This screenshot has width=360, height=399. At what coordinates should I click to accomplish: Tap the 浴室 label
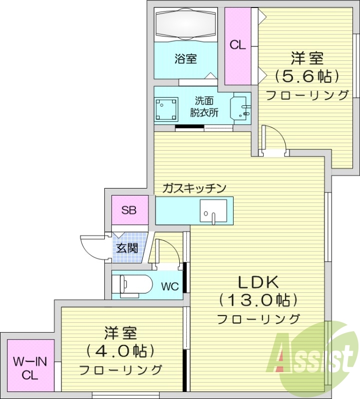[x=185, y=59]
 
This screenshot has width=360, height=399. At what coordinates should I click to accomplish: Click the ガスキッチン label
[x=194, y=188]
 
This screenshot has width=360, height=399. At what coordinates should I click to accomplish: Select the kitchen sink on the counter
[x=213, y=211]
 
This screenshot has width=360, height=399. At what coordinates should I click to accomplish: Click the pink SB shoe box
[x=129, y=210]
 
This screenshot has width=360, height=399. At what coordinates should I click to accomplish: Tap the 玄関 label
[x=127, y=247]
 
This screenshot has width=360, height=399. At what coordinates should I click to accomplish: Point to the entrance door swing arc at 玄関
[x=94, y=246]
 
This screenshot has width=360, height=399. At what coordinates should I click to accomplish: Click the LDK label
[x=257, y=282]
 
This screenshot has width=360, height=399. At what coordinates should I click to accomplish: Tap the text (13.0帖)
[x=258, y=300]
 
